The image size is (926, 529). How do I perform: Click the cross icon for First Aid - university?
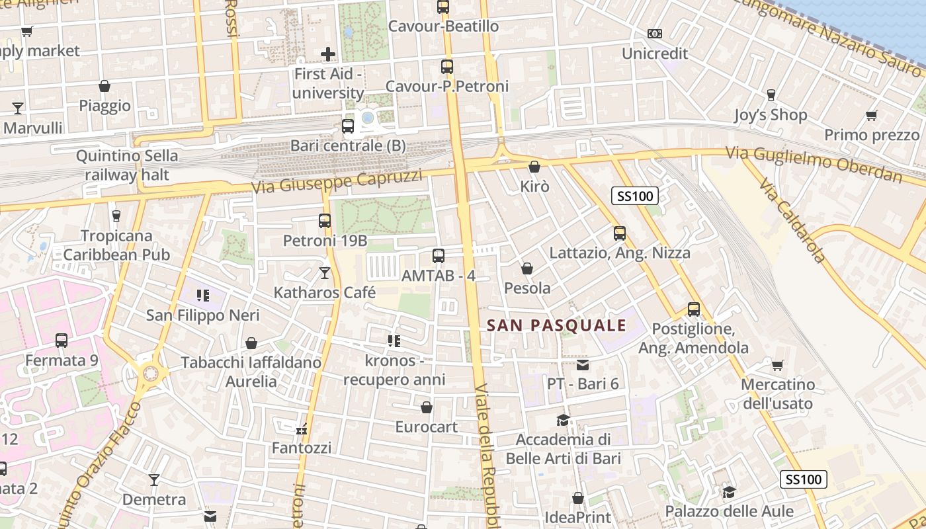pos(328,54)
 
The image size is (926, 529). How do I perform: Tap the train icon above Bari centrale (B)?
pos(348,126)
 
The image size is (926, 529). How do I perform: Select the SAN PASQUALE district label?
pos(556,325)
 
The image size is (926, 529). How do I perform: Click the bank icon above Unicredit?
pos(654,33)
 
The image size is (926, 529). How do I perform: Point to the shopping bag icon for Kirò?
pos(534,167)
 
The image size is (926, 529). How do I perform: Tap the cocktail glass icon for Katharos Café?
pos(324,272)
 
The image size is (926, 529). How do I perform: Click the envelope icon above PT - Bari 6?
pos(582,364)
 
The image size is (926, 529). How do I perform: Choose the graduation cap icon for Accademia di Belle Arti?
pos(563,420)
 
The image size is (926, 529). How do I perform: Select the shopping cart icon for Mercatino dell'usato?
pos(778,365)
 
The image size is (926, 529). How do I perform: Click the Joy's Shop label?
pos(771,115)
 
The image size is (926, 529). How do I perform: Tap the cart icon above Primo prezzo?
pos(872,116)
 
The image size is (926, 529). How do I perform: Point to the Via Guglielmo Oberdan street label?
pos(814,164)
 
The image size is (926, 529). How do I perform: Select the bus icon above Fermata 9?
pos(62,341)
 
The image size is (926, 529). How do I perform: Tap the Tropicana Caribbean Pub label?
pos(116,245)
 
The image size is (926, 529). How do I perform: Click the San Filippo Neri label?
pos(203,315)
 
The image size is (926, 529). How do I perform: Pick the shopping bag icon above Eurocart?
pos(427,407)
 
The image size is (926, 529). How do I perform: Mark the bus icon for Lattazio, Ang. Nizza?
pos(620,233)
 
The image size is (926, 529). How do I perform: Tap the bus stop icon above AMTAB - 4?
pos(438,256)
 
